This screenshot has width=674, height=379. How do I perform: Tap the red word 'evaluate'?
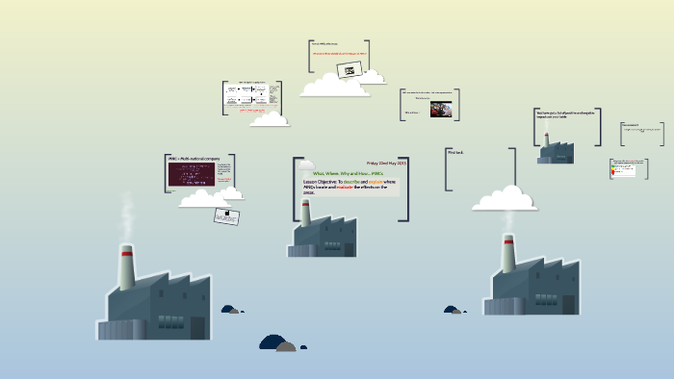pyautogui.click(x=350, y=187)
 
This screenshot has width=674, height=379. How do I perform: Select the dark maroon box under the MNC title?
pyautogui.click(x=192, y=174)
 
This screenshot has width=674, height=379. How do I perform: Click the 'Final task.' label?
pyautogui.click(x=455, y=152)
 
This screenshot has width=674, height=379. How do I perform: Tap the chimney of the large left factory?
pyautogui.click(x=125, y=266)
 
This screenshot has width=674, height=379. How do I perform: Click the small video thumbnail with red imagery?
pyautogui.click(x=441, y=109)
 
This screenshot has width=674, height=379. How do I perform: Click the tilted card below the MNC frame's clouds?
pyautogui.click(x=226, y=215)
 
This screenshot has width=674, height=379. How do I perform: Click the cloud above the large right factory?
pyautogui.click(x=505, y=199)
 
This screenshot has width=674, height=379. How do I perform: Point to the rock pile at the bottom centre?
pyautogui.click(x=277, y=343)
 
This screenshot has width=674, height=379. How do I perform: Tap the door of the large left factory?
pyautogui.click(x=197, y=327)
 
